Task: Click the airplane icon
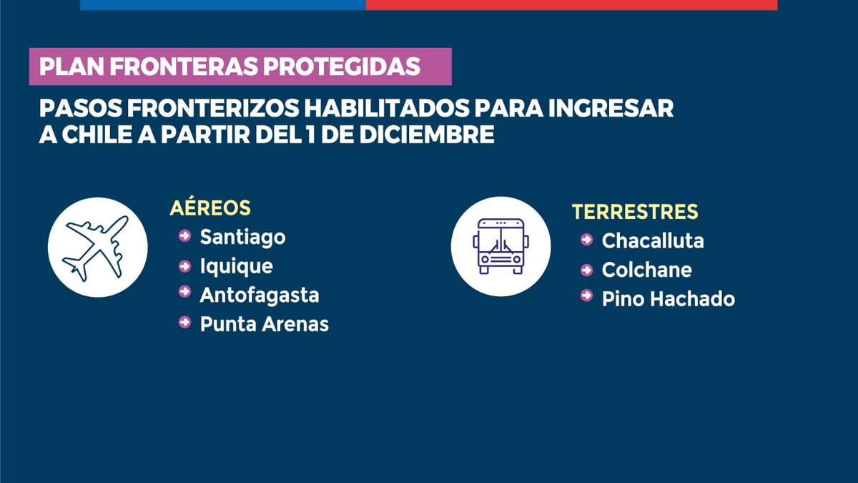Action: [97, 248]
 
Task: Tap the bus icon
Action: [500, 247]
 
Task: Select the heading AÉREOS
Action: [210, 208]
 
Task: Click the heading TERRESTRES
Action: [635, 212]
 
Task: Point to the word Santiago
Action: [242, 237]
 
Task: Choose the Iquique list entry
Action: [236, 266]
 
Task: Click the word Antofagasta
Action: [260, 295]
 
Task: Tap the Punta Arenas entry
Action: [264, 324]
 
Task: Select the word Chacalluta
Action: [653, 241]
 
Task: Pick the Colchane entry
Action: [646, 270]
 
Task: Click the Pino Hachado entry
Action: [668, 299]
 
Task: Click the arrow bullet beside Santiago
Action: [185, 235]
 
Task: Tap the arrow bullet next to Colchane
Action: [587, 270]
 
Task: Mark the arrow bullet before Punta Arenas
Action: [185, 323]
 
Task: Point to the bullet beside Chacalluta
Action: [587, 240]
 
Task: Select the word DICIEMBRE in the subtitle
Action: [432, 135]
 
